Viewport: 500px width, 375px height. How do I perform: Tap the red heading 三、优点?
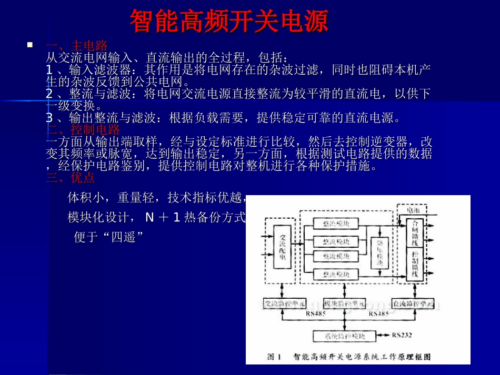pos(71,178)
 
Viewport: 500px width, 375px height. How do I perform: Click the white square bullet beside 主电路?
pos(29,46)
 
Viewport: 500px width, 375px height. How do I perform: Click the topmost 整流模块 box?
pos(335,223)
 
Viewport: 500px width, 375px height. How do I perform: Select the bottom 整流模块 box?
pos(335,274)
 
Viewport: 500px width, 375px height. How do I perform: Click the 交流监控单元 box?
pos(284,304)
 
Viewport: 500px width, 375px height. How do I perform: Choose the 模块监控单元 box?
pos(344,304)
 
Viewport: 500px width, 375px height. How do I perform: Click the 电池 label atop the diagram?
pos(414,210)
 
